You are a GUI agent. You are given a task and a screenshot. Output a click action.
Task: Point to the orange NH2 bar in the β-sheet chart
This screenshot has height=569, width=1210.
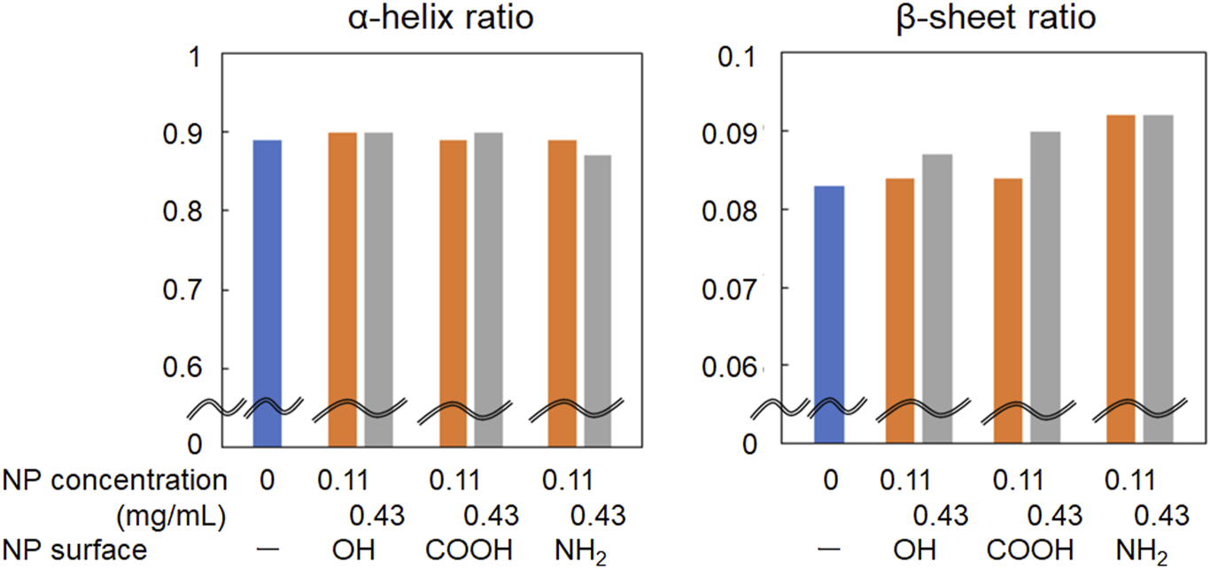pos(1121,274)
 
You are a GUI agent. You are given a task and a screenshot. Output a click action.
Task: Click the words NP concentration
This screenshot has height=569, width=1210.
pos(114,481)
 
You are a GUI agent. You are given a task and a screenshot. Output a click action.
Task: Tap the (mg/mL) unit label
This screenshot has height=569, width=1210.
pos(171,514)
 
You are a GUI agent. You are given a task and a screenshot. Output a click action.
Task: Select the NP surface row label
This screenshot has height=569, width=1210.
pos(74,550)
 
